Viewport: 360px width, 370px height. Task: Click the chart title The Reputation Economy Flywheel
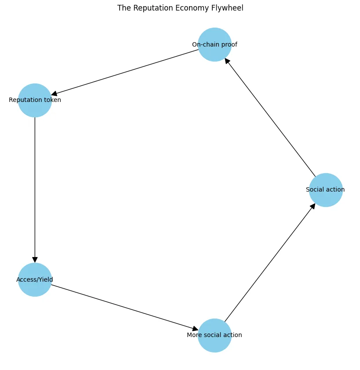(180, 8)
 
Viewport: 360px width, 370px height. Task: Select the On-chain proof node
(215, 44)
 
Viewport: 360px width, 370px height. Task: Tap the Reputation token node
(35, 100)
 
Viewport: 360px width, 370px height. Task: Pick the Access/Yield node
(35, 279)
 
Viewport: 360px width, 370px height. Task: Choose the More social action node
(215, 335)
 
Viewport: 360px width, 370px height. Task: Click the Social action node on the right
(326, 190)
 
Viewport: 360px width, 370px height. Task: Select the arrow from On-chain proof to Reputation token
(125, 72)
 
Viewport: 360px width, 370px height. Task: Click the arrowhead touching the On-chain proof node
(227, 62)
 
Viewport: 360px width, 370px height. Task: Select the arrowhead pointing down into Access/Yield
(35, 259)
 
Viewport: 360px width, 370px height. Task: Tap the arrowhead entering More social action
(196, 329)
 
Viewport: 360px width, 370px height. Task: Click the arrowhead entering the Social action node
(313, 206)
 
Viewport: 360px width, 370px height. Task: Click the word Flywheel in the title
(229, 8)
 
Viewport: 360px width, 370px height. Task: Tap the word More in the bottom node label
(194, 335)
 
